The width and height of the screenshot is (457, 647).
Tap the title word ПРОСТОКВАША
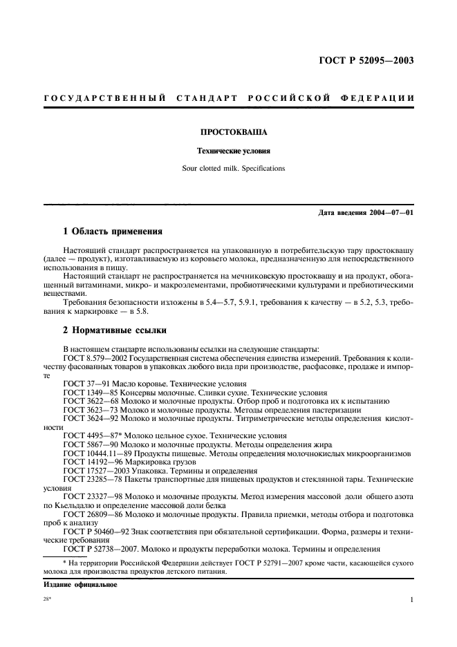tap(229, 131)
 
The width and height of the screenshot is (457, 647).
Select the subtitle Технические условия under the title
tap(229, 149)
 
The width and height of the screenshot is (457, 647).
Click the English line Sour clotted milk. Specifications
tap(229, 168)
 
